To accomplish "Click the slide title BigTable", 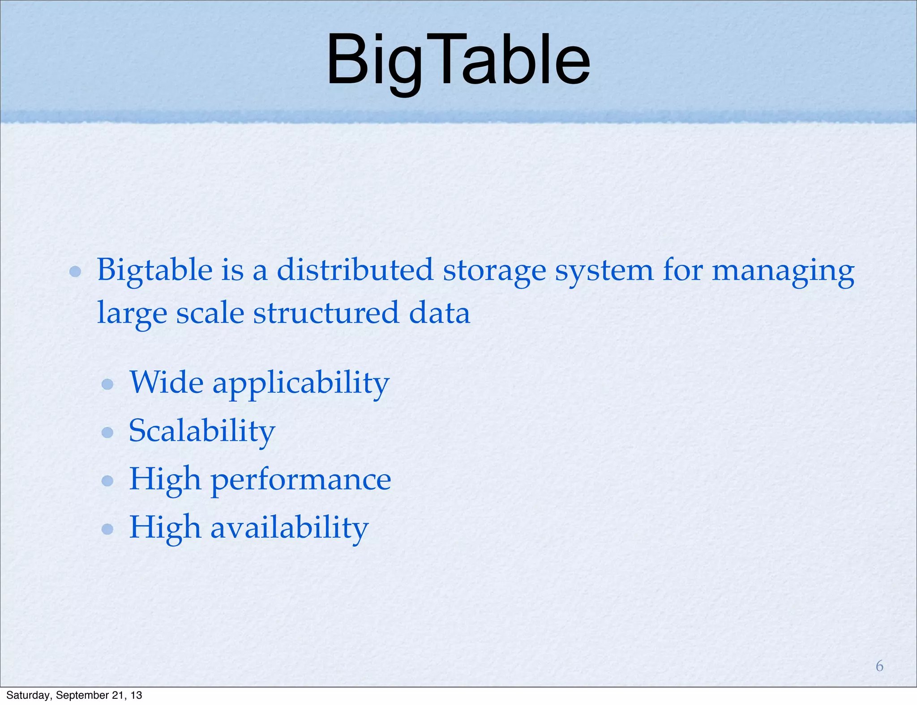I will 458,60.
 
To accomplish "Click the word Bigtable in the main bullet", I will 155,270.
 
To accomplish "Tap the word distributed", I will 355,270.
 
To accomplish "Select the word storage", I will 494,271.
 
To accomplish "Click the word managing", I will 783,271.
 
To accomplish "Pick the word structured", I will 326,313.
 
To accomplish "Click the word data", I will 439,313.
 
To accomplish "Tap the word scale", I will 210,313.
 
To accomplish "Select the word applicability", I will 300,384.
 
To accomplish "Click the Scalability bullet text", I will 202,431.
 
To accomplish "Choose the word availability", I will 289,527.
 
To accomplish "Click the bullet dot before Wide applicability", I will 107,384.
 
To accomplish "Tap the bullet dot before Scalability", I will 107,432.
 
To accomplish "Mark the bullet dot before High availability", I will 107,529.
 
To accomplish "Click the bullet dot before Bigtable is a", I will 75,272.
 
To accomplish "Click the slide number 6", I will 879,666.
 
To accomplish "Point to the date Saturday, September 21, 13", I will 74,695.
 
